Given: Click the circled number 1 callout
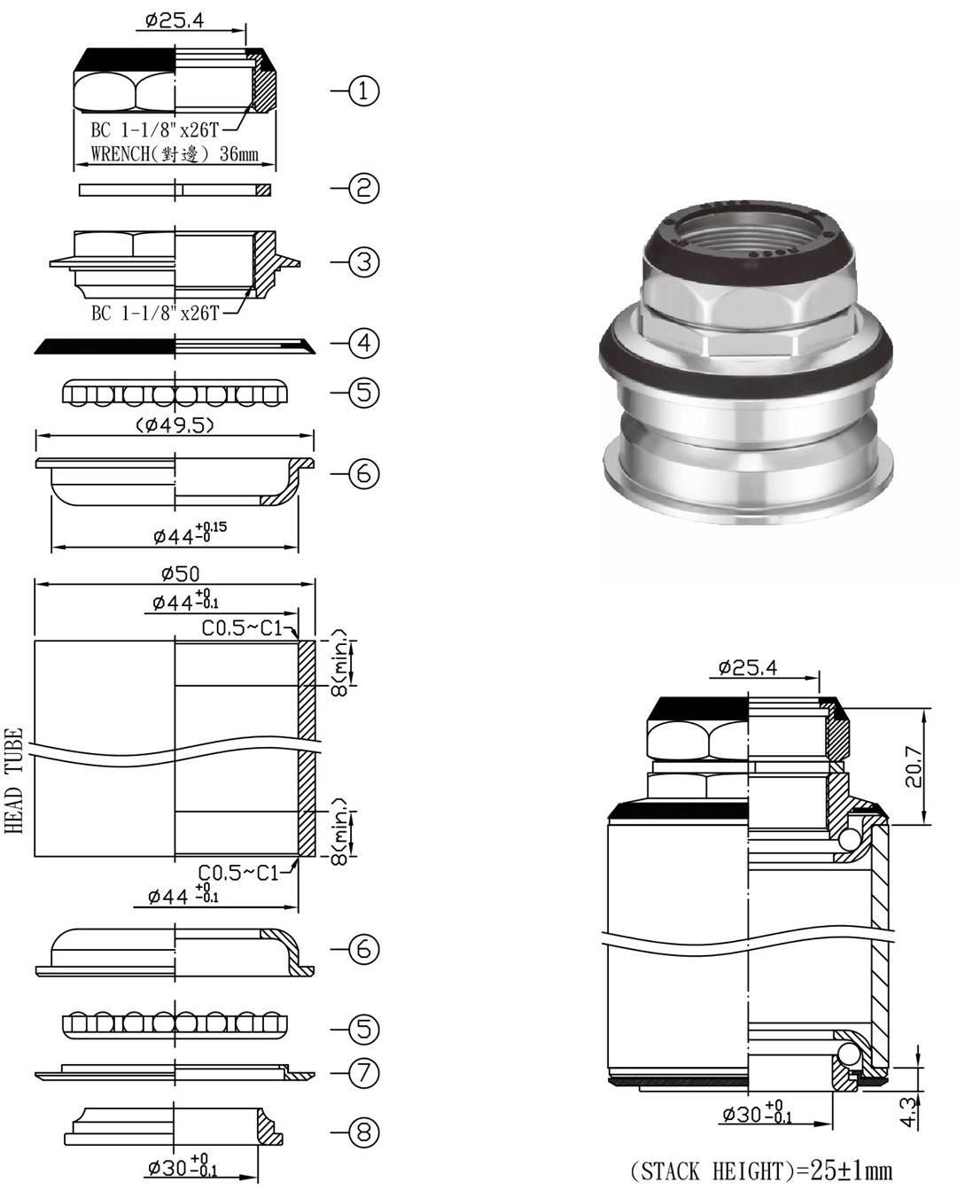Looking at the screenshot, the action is coord(363,90).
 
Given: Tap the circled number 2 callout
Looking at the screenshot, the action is coord(363,188).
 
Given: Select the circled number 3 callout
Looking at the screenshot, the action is coord(363,261).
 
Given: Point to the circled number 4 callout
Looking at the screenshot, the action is coord(363,343).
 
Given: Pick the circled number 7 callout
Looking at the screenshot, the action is coord(363,1073).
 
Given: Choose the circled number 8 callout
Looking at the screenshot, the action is coord(363,1132).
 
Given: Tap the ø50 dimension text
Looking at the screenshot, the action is coord(181,573).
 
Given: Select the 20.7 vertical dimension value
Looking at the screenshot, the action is coord(914,766).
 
